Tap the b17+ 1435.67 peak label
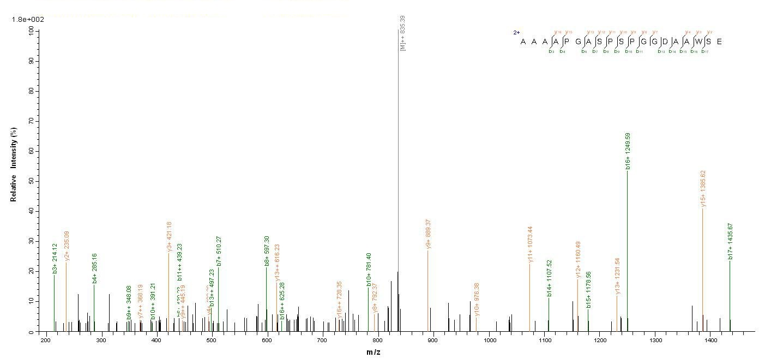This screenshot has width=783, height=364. (x=730, y=241)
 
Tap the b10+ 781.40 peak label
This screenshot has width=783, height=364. (x=369, y=269)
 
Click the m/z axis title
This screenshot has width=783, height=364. (x=373, y=352)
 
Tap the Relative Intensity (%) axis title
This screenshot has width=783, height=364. (x=14, y=164)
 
